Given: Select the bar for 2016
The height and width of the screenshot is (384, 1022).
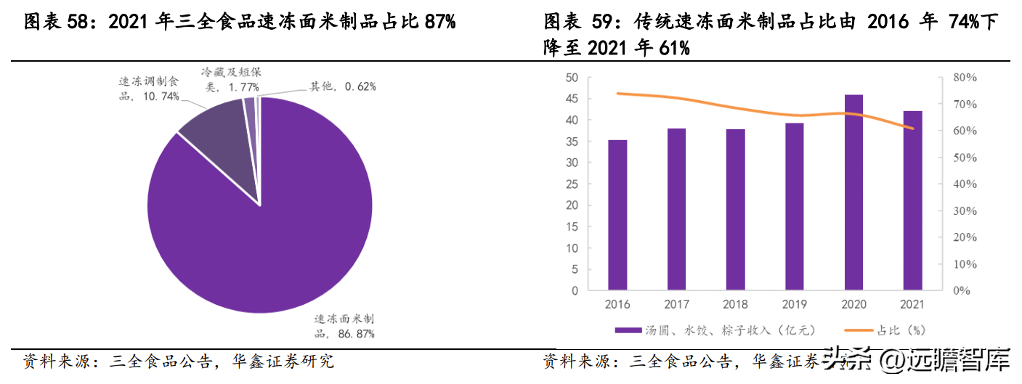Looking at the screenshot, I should [x=617, y=215].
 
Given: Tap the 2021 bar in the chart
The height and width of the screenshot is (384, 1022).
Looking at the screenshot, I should [x=912, y=200].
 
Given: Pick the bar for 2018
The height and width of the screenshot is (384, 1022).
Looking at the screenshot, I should [x=736, y=210].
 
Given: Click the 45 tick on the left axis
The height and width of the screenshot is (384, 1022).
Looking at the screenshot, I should [x=572, y=99].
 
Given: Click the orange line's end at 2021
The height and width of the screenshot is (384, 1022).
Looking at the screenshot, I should [x=912, y=129].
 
